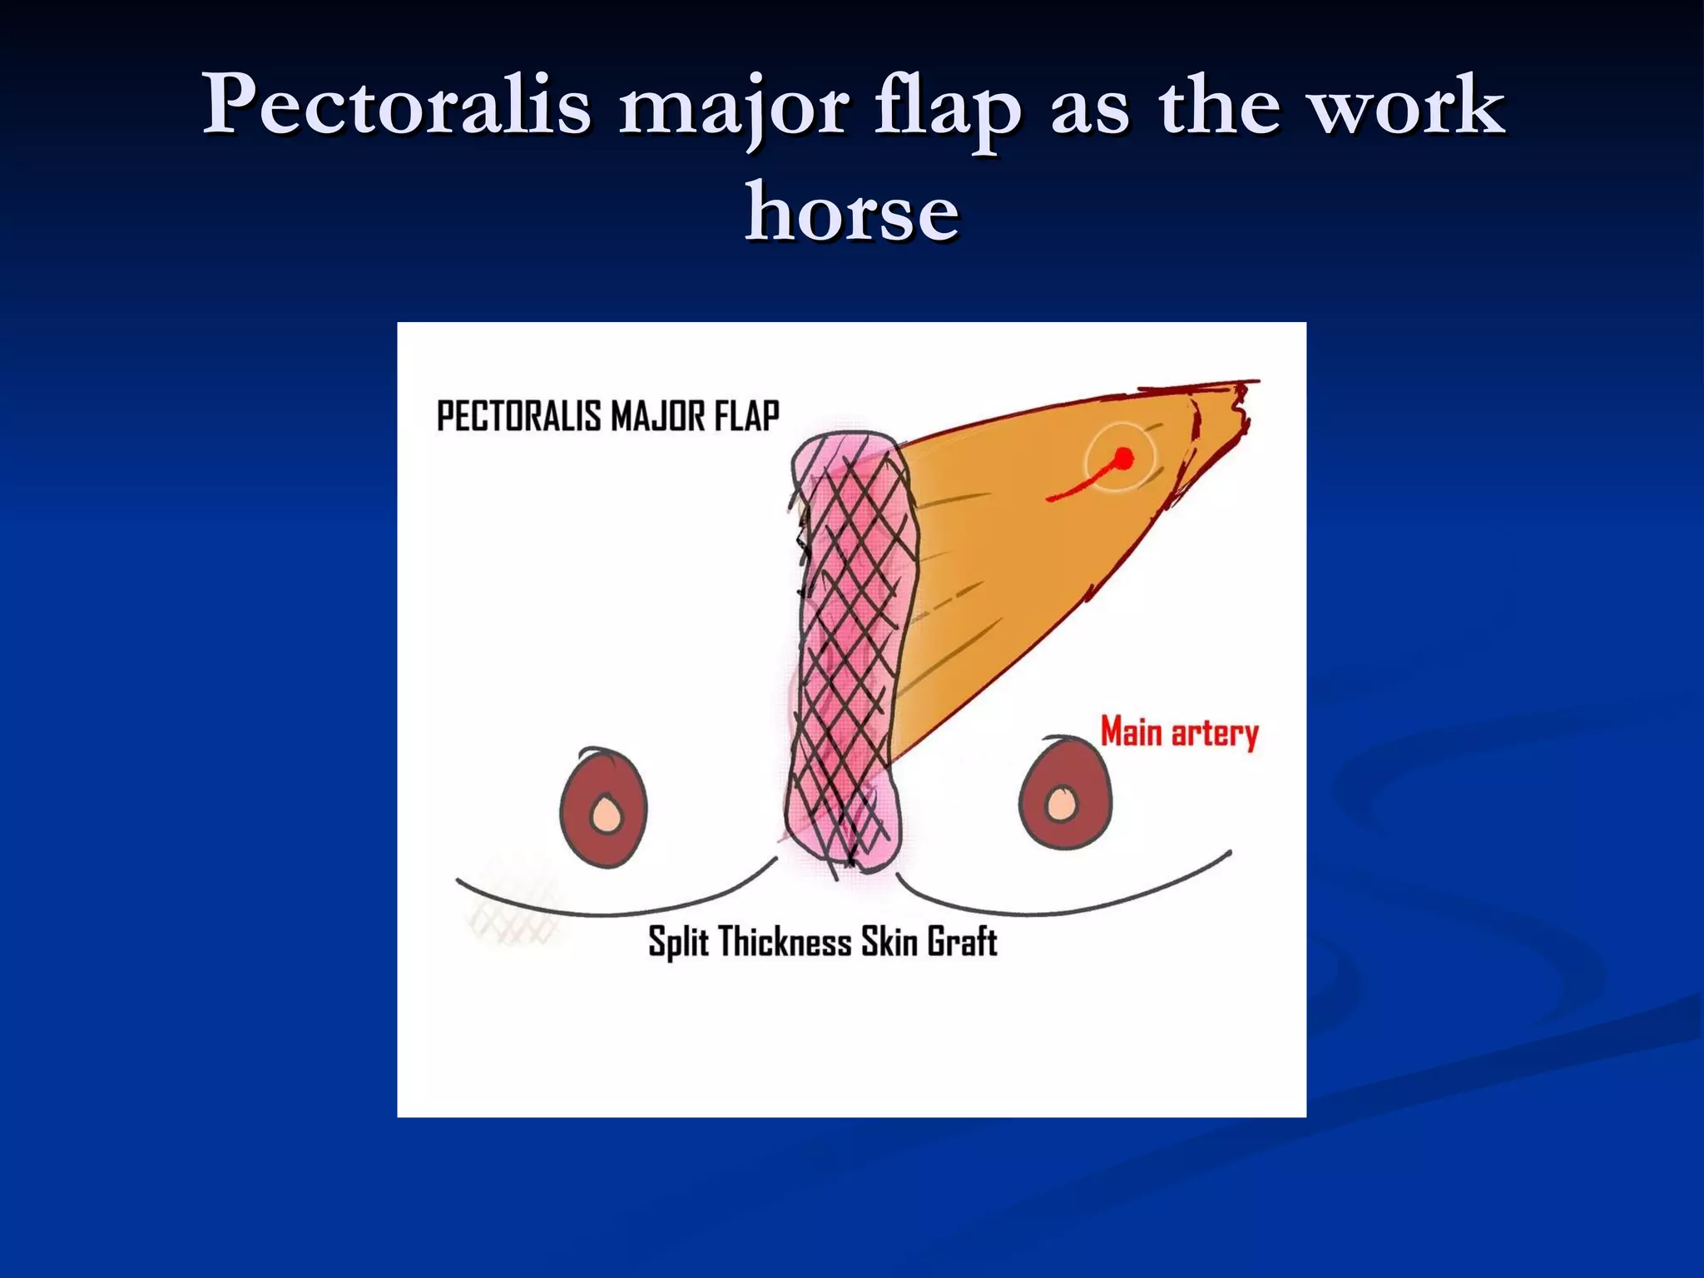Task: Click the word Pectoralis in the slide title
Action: pos(397,106)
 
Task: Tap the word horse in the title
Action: pos(852,212)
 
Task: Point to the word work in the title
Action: pos(1408,106)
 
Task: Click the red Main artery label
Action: pos(1179,733)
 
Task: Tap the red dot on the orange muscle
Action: pos(1123,458)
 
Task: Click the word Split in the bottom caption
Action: pos(679,943)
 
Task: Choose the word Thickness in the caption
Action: pos(785,942)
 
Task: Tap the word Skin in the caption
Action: pos(889,942)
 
